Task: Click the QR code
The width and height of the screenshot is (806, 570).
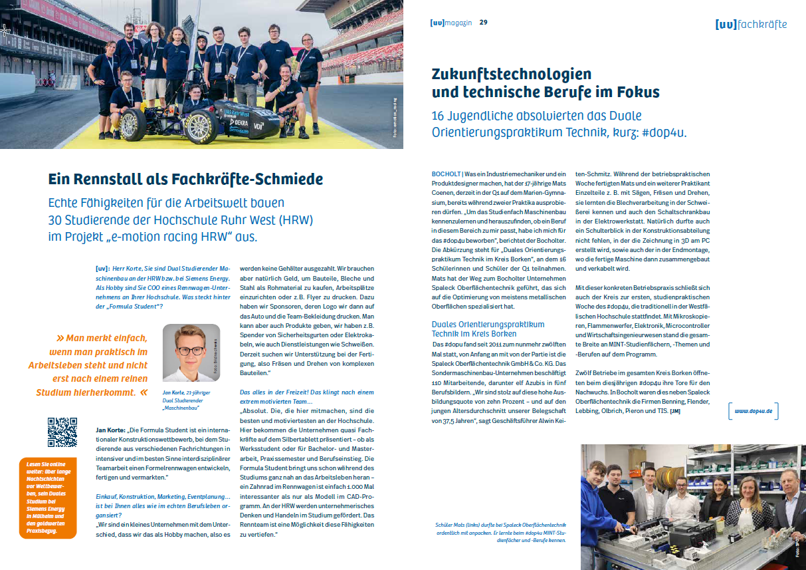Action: (62, 432)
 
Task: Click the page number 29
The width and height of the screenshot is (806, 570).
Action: (483, 23)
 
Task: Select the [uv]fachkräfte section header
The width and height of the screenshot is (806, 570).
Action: (751, 25)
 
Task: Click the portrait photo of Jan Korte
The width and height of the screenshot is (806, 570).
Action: (191, 353)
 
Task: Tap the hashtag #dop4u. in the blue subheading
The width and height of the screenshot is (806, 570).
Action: (663, 132)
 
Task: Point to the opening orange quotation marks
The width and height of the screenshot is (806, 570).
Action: (60, 338)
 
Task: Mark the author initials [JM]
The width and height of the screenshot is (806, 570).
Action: (675, 411)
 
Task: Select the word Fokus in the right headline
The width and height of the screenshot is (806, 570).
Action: (637, 91)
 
